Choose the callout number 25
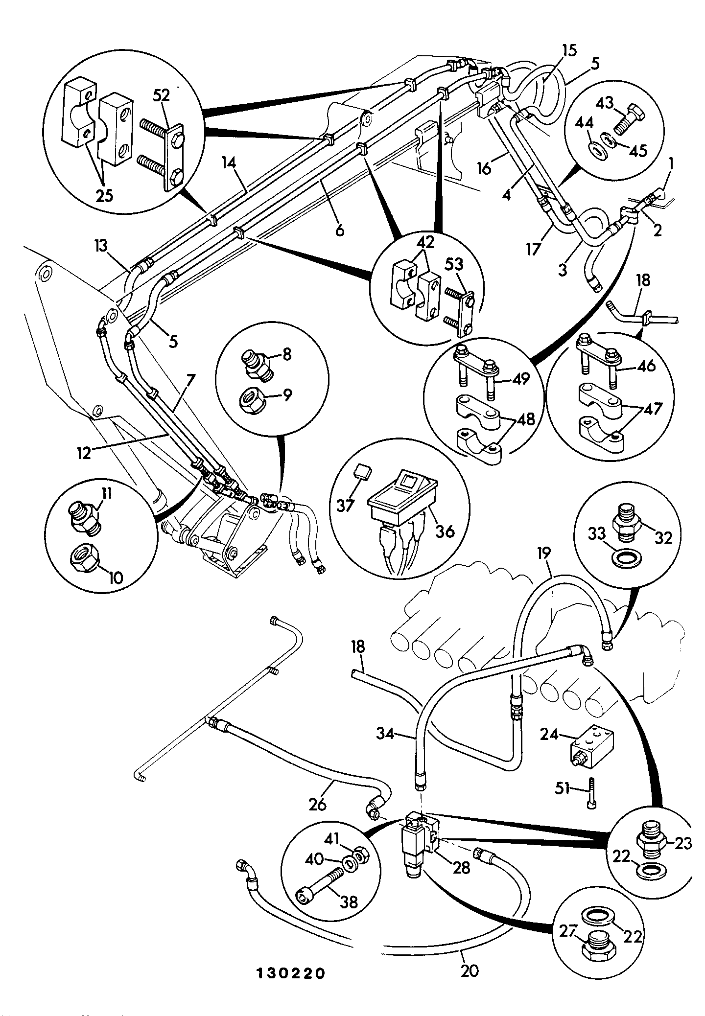(x=104, y=195)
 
